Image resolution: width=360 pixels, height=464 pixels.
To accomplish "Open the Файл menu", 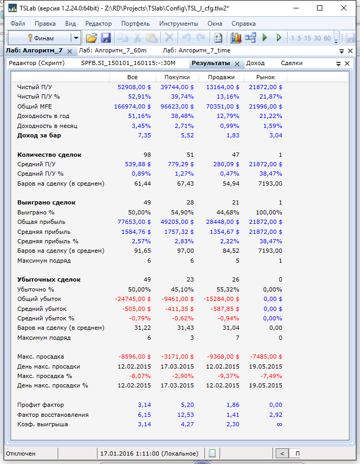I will click(x=17, y=24).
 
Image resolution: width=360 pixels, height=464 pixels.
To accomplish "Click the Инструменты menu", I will click(x=178, y=24).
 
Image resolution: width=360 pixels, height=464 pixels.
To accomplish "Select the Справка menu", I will click(x=243, y=24).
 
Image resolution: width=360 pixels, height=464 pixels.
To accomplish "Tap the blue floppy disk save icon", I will click(x=106, y=38).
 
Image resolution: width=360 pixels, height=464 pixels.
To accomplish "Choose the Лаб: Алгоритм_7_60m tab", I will click(x=112, y=51).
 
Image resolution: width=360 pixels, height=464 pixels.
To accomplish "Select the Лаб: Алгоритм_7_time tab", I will click(x=197, y=51).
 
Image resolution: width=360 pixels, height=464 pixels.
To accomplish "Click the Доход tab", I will click(x=255, y=63).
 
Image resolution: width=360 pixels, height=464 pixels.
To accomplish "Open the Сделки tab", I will click(x=291, y=63).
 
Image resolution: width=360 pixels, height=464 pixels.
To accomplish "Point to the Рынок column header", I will click(x=265, y=77).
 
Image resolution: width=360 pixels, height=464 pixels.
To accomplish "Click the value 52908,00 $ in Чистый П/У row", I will click(x=134, y=87).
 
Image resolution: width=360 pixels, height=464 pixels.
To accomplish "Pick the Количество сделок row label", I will click(x=49, y=155).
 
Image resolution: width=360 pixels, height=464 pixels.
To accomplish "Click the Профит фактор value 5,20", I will click(x=187, y=405).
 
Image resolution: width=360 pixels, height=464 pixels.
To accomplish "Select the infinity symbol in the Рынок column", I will click(x=279, y=424).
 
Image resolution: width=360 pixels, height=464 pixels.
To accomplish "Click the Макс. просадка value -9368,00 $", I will click(x=222, y=357).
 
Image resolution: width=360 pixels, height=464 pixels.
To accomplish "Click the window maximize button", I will click(x=320, y=8).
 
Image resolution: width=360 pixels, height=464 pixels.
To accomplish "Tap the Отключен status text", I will click(x=21, y=454).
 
